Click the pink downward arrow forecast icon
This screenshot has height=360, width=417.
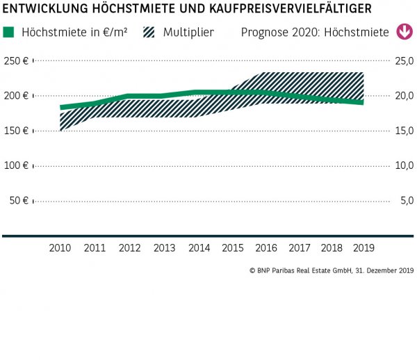(403, 32)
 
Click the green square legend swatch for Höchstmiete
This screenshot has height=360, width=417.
(8, 32)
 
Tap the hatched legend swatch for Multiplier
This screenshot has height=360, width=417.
(149, 32)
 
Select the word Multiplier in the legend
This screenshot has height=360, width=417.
(189, 33)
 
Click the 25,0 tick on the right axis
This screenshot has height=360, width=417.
(404, 61)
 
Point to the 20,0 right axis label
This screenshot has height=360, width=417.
(404, 96)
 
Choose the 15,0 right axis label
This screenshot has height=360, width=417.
(404, 131)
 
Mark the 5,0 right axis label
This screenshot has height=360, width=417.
(406, 201)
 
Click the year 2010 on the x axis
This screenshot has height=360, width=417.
(60, 248)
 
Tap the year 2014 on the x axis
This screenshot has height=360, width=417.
(198, 248)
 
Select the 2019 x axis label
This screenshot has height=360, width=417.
(363, 248)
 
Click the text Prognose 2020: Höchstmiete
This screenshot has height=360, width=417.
(315, 33)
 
